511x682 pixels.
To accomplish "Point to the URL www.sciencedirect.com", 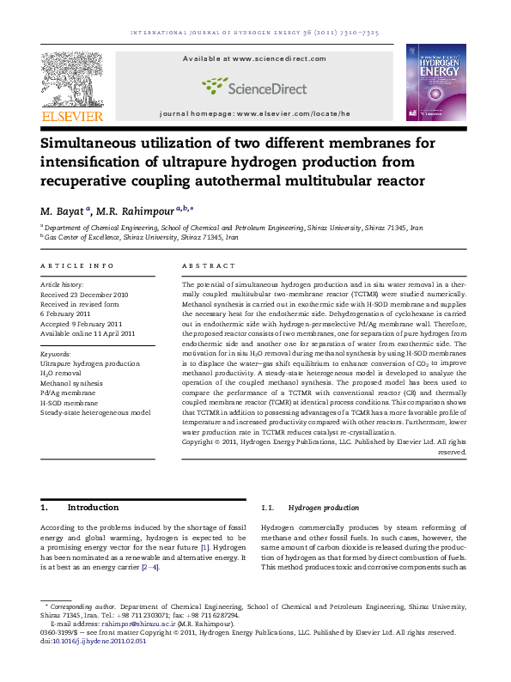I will click(279, 58).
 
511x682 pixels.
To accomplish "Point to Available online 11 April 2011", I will click(88, 333).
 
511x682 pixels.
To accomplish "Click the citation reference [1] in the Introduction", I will click(204, 546).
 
